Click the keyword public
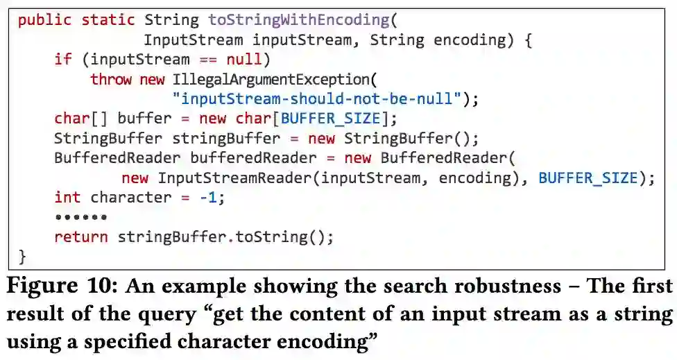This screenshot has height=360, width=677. pyautogui.click(x=45, y=20)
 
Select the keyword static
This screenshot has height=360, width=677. pyautogui.click(x=108, y=20)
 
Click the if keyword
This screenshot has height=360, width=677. pyautogui.click(x=62, y=60)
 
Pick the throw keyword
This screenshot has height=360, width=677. pyautogui.click(x=111, y=79)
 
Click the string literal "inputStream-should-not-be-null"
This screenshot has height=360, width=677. pyautogui.click(x=317, y=98)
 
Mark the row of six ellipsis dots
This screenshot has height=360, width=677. pyautogui.click(x=80, y=217)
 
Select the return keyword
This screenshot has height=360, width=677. pyautogui.click(x=80, y=237)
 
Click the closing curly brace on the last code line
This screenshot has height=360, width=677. pyautogui.click(x=22, y=256)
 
